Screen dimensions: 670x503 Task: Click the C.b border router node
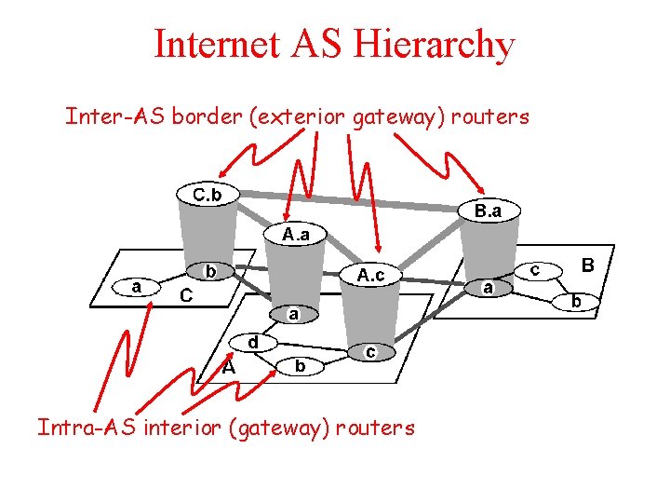pyautogui.click(x=207, y=196)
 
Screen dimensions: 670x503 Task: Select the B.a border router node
pyautogui.click(x=488, y=211)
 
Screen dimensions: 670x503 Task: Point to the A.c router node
pyautogui.click(x=369, y=275)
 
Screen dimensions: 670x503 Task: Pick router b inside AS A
pyautogui.click(x=300, y=367)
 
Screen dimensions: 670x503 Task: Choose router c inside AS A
pyautogui.click(x=370, y=351)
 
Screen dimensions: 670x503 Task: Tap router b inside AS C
pyautogui.click(x=210, y=272)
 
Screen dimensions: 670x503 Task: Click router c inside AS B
pyautogui.click(x=536, y=268)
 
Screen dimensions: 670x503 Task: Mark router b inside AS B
pyautogui.click(x=577, y=301)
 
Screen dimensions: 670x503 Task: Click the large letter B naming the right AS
pyautogui.click(x=587, y=266)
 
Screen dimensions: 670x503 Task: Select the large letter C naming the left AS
pyautogui.click(x=185, y=296)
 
